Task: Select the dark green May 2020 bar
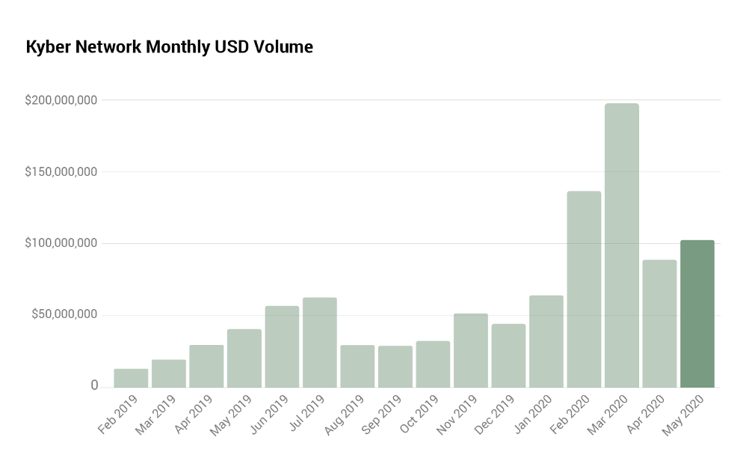(697, 314)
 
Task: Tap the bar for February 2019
(131, 378)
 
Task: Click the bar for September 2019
(395, 366)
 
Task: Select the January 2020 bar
(546, 341)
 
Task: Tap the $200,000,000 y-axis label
(61, 100)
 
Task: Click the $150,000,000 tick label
(61, 172)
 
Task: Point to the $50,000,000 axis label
(64, 314)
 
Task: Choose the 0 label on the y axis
(94, 385)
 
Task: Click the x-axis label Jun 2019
(269, 416)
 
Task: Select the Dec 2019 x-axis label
(496, 416)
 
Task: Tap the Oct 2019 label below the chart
(420, 416)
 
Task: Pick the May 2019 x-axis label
(231, 416)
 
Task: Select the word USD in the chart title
(231, 47)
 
